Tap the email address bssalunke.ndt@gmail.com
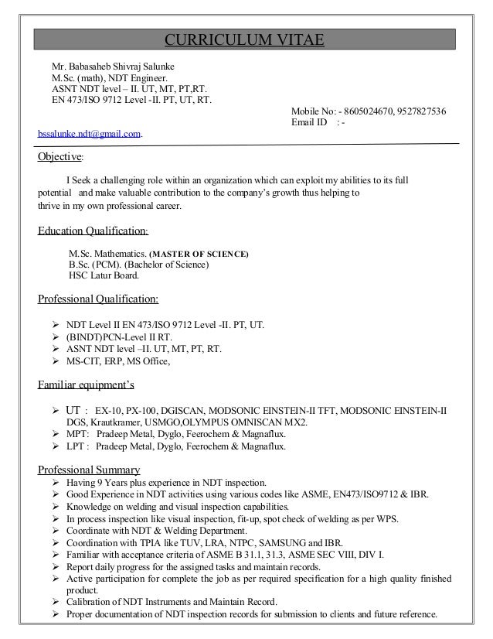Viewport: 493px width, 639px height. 90,134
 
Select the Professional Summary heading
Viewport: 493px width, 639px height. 89,470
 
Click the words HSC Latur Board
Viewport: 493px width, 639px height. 104,275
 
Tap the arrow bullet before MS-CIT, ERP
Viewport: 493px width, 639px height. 55,361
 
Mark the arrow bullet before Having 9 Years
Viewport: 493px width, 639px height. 55,483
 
